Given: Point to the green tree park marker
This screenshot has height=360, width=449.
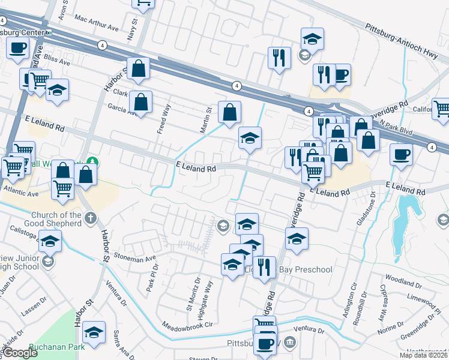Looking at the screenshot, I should point(92,161).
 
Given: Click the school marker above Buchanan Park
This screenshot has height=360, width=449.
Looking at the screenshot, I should point(94,333).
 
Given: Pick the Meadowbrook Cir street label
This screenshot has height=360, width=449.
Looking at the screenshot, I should point(188,325).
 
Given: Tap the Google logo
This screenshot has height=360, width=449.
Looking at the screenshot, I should point(20,353).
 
